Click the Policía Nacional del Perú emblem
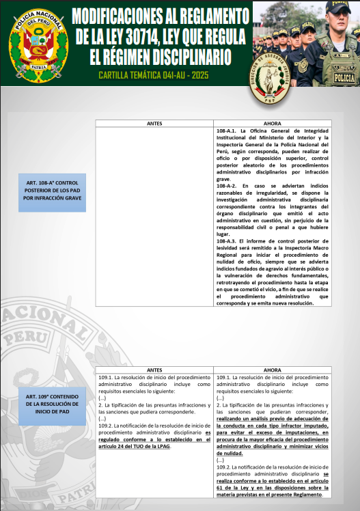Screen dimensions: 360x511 38,43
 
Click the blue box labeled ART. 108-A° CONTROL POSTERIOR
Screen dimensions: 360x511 52,192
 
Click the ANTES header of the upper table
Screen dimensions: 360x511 154,123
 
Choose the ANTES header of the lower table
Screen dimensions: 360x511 154,370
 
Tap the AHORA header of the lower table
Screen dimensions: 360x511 272,370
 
